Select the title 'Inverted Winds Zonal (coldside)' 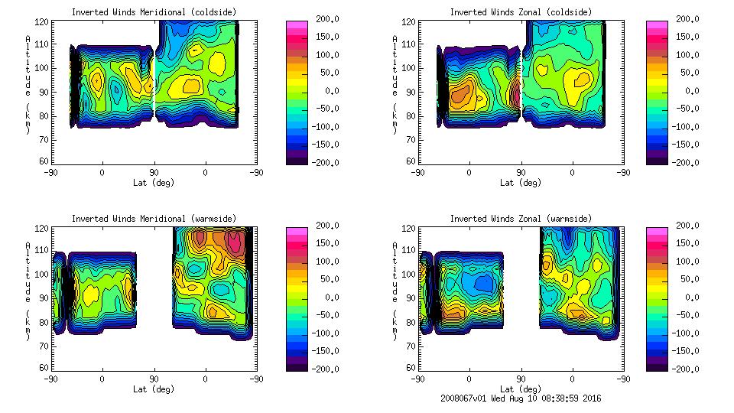520,11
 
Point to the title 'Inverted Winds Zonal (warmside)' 520,219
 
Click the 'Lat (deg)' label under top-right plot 521,183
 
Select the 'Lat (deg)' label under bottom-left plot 154,389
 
